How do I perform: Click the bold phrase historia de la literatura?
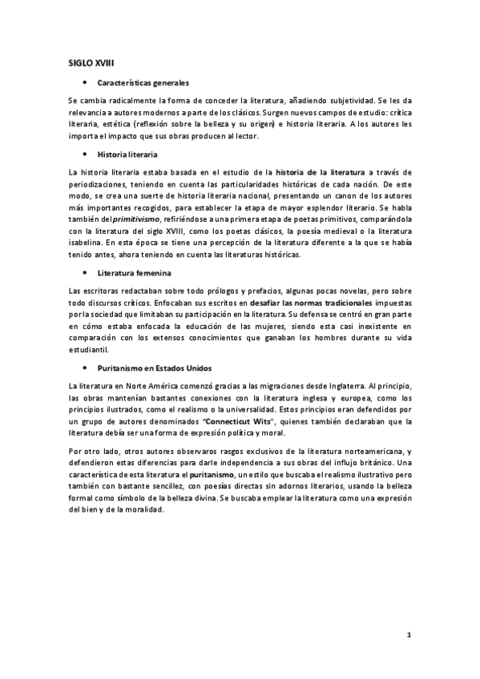pos(319,172)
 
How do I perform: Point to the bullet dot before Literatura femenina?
pos(83,274)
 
